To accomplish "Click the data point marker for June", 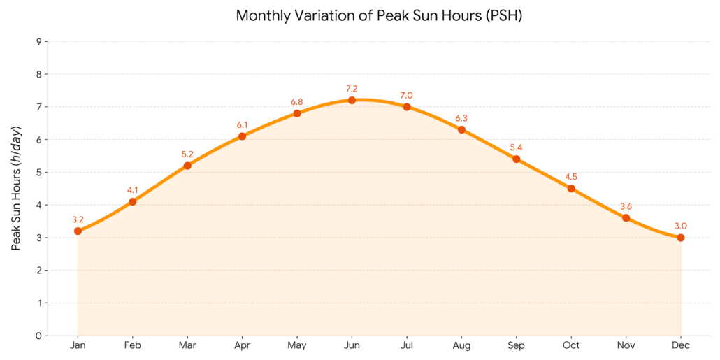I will pyautogui.click(x=352, y=100).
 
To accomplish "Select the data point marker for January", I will pyautogui.click(x=78, y=231).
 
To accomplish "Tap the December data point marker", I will pyautogui.click(x=681, y=238).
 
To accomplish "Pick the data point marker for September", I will pyautogui.click(x=517, y=159).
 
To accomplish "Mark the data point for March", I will pyautogui.click(x=187, y=166).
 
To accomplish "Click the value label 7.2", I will pyautogui.click(x=352, y=89).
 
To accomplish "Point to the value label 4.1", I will pyautogui.click(x=133, y=190).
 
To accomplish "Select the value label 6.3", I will pyautogui.click(x=461, y=118).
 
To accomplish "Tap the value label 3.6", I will pyautogui.click(x=626, y=206).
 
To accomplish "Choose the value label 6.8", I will pyautogui.click(x=297, y=102).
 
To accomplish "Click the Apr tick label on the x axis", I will pyautogui.click(x=242, y=345).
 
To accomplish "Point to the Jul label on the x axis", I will pyautogui.click(x=406, y=345).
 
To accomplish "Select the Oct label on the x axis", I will pyautogui.click(x=571, y=345).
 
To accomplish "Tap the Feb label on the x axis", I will pyautogui.click(x=133, y=345).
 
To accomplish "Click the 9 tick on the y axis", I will pyautogui.click(x=38, y=42).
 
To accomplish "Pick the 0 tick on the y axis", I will pyautogui.click(x=38, y=336).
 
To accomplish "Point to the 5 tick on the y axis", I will pyautogui.click(x=38, y=173).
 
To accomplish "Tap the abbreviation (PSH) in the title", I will pyautogui.click(x=503, y=15).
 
